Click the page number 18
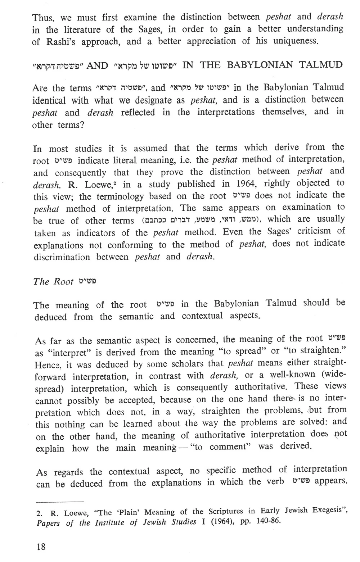pyautogui.click(x=41, y=547)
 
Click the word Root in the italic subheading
pyautogui.click(x=63, y=281)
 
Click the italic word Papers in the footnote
pyautogui.click(x=49, y=522)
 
